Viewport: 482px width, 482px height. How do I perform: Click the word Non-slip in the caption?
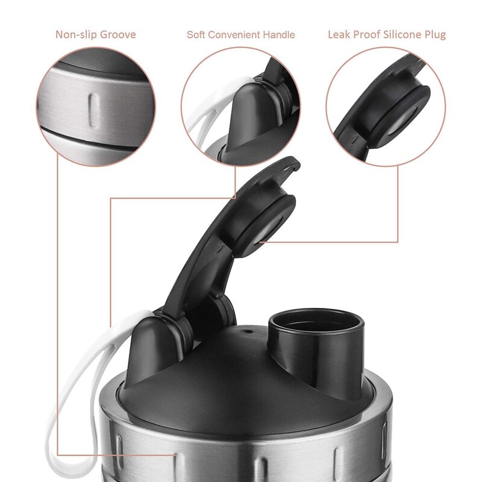(76, 34)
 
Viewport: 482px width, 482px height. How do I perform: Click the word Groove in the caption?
(118, 35)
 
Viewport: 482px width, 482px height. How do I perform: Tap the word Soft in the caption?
(196, 34)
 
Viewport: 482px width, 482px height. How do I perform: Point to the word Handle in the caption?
(279, 34)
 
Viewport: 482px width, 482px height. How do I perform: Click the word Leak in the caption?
(339, 34)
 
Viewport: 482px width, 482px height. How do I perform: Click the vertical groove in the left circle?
(93, 111)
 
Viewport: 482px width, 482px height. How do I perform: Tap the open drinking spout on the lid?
(316, 341)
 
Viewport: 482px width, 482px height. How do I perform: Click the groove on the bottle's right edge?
(384, 440)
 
